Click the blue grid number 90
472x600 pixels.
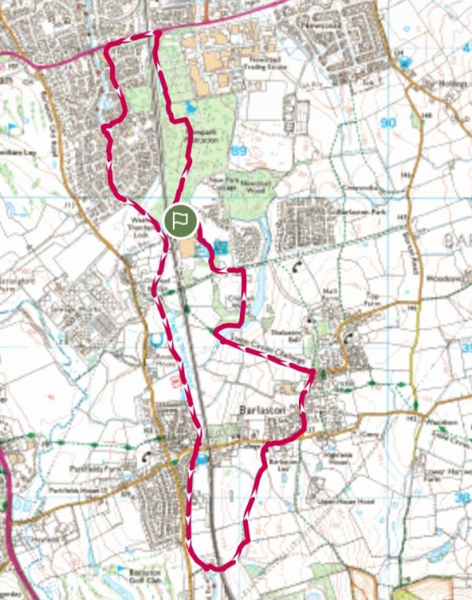(x=386, y=122)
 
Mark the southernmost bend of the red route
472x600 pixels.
(x=212, y=566)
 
